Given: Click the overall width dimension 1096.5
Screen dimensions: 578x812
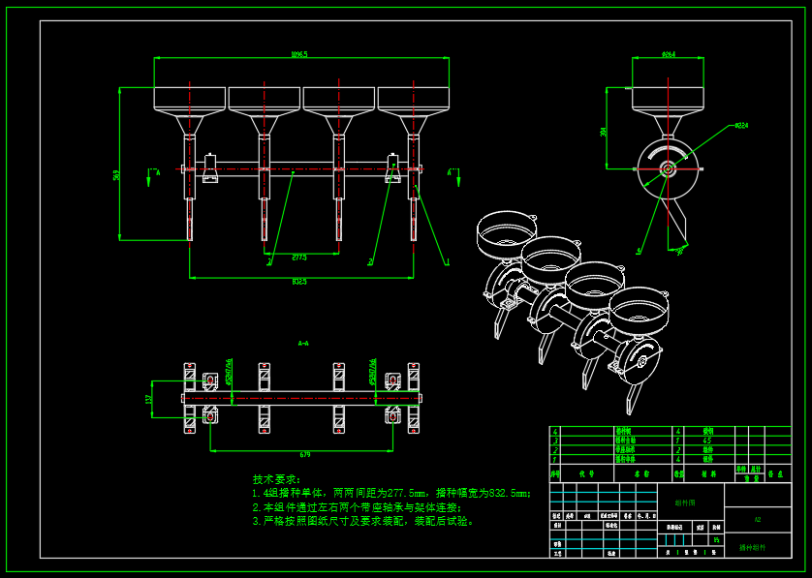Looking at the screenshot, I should (x=298, y=54).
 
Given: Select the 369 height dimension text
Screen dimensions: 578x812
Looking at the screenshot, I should (x=116, y=175).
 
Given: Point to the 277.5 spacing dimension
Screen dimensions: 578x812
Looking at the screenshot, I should (x=299, y=257).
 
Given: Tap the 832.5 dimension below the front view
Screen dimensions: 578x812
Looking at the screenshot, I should (x=299, y=282).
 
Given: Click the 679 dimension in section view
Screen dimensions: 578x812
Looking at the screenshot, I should (x=304, y=453).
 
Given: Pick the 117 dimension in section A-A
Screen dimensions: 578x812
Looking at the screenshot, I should (x=149, y=398).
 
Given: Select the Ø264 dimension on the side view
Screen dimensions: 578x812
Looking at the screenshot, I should (x=669, y=54).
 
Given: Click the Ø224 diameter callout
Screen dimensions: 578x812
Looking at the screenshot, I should (x=741, y=125).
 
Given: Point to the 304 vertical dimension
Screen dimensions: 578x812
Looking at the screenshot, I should (x=604, y=131).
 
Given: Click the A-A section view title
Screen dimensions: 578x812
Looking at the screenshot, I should (x=303, y=343).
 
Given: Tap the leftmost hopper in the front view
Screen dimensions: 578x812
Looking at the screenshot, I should (x=190, y=98).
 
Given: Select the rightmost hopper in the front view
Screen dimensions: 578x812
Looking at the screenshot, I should (x=414, y=98).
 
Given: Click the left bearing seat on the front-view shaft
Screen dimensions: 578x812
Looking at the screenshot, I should (x=210, y=168).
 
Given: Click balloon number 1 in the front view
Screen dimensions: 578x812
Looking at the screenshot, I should (x=447, y=261).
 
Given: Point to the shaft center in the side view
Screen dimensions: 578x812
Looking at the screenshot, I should (x=668, y=168).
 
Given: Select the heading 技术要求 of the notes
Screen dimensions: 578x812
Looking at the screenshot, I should (x=276, y=479).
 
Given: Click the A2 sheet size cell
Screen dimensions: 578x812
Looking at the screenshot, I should (x=758, y=520).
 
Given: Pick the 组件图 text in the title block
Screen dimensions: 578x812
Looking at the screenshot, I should (x=685, y=502).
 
